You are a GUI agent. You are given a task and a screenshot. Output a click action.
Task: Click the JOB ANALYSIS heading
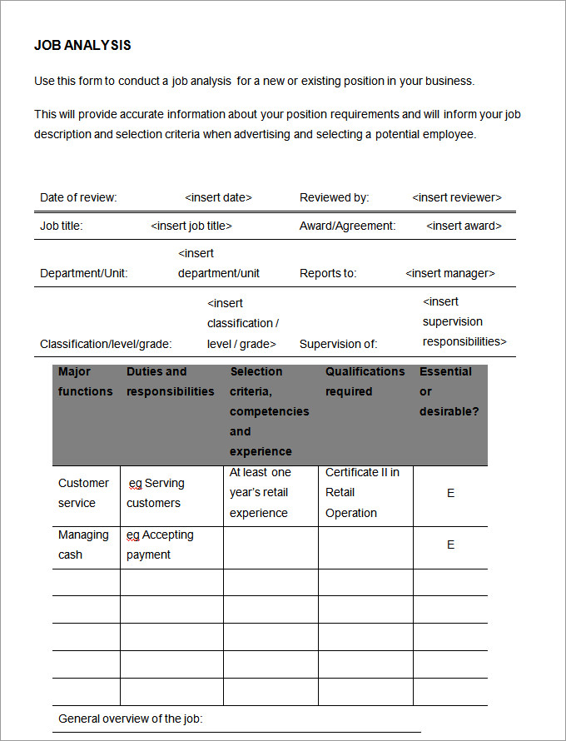[82, 46]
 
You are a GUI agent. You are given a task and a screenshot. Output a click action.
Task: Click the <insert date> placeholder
[218, 197]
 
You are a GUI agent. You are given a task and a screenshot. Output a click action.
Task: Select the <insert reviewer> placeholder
[457, 197]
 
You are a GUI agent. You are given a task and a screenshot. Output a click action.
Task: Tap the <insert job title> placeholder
[191, 226]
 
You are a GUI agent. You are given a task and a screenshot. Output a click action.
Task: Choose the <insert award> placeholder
[464, 226]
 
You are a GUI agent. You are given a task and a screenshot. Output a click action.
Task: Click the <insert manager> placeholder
[450, 273]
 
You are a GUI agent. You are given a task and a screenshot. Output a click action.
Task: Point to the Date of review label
[78, 197]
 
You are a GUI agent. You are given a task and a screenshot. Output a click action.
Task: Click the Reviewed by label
[334, 197]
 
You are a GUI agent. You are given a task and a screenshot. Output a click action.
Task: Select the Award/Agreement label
[347, 226]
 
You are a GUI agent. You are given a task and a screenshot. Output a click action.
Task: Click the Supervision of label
[338, 343]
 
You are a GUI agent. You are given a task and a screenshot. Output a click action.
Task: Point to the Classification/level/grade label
[106, 343]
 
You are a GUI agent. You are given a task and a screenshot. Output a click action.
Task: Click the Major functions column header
[85, 381]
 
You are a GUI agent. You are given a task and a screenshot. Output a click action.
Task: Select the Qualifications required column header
[365, 381]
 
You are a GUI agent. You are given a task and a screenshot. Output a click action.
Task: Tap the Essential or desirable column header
[449, 391]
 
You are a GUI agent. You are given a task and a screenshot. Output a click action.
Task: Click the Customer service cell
[83, 493]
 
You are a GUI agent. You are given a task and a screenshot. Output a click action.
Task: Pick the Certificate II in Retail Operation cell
[362, 493]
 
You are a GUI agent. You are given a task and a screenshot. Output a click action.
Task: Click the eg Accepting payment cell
[160, 545]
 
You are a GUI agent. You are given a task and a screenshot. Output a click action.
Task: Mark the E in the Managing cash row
[450, 545]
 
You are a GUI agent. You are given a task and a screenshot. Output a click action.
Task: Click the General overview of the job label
[131, 719]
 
